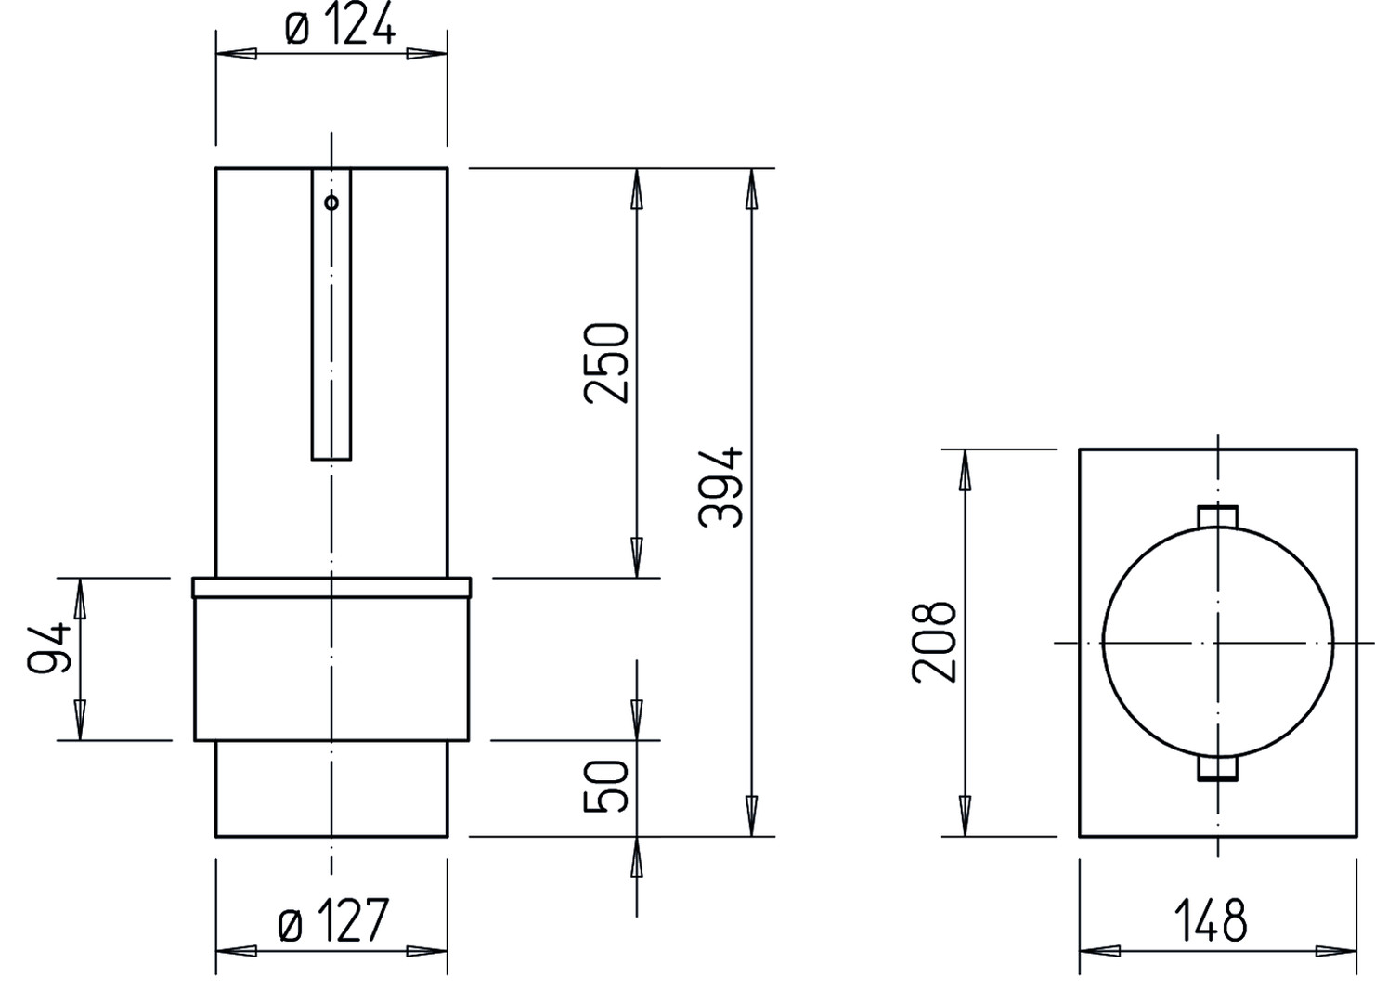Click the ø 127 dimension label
(333, 920)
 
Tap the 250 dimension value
(606, 363)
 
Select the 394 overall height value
(721, 487)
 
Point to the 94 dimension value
(50, 649)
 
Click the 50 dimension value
(606, 787)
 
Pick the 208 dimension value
(934, 642)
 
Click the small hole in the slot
(331, 202)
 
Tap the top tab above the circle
(1218, 516)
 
